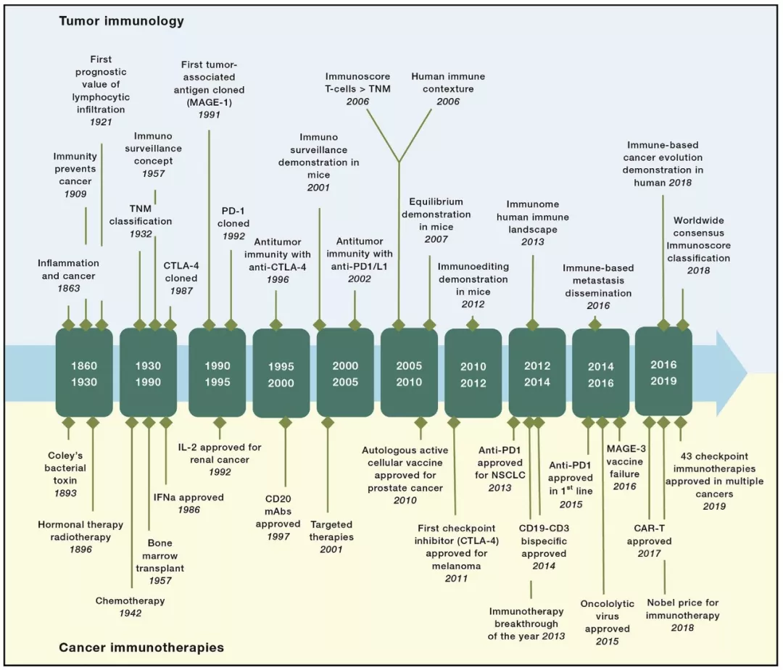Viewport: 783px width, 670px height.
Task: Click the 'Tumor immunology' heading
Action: (121, 21)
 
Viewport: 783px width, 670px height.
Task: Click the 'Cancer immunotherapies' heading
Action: (141, 648)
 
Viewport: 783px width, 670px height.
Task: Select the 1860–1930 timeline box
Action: (84, 373)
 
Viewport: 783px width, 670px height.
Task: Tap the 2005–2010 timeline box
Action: (409, 373)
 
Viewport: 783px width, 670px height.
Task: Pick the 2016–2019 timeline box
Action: (663, 372)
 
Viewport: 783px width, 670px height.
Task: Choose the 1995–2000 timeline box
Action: (281, 374)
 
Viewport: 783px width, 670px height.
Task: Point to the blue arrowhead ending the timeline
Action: (732, 373)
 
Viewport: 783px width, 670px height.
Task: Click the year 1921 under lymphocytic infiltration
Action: (101, 122)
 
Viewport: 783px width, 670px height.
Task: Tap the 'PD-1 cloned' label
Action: (233, 218)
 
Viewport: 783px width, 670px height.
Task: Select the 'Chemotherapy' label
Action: (130, 600)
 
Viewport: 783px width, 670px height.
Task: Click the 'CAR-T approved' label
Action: (649, 534)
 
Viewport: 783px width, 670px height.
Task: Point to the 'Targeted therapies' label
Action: (331, 531)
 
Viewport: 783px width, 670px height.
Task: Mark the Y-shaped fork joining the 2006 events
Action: (399, 162)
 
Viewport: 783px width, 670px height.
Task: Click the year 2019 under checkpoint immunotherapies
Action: (714, 506)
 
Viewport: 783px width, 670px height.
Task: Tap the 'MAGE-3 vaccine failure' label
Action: (624, 461)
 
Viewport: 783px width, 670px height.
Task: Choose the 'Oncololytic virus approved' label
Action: (608, 616)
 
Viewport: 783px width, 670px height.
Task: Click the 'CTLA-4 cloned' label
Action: (181, 272)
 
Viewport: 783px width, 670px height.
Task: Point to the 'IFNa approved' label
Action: (188, 497)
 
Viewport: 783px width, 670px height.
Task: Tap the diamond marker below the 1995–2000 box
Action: (285, 423)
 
